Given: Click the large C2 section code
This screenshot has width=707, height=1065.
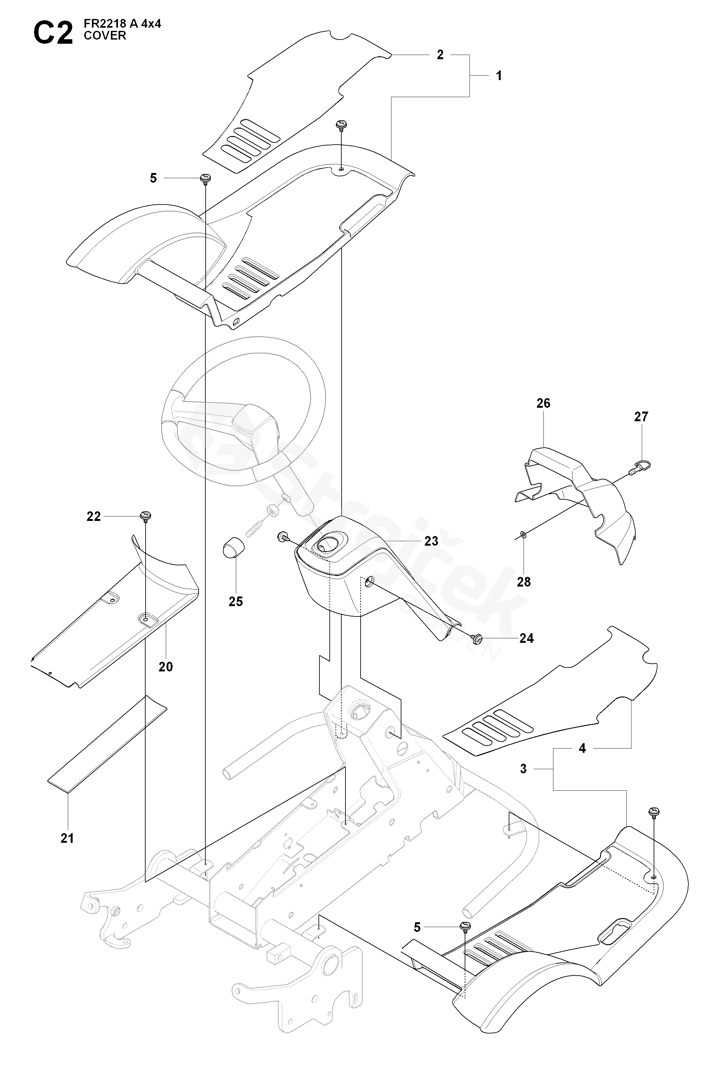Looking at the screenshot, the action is point(53,34).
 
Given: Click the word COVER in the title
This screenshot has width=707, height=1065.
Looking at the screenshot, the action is point(105,36).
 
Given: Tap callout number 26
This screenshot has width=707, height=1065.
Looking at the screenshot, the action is point(543,403).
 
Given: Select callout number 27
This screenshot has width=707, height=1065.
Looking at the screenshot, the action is point(641,416).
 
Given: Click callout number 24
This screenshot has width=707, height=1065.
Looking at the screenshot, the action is point(527,638).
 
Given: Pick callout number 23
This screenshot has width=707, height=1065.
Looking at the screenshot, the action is point(431,541).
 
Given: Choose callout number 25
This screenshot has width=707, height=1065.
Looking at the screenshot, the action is point(235,601).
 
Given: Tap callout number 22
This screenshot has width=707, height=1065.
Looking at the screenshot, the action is point(94,516).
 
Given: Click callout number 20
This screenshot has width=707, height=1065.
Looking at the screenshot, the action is point(166,666).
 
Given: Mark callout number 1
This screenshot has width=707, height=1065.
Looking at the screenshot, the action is point(499,76).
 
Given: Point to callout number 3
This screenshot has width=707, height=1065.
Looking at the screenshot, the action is point(523,769).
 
